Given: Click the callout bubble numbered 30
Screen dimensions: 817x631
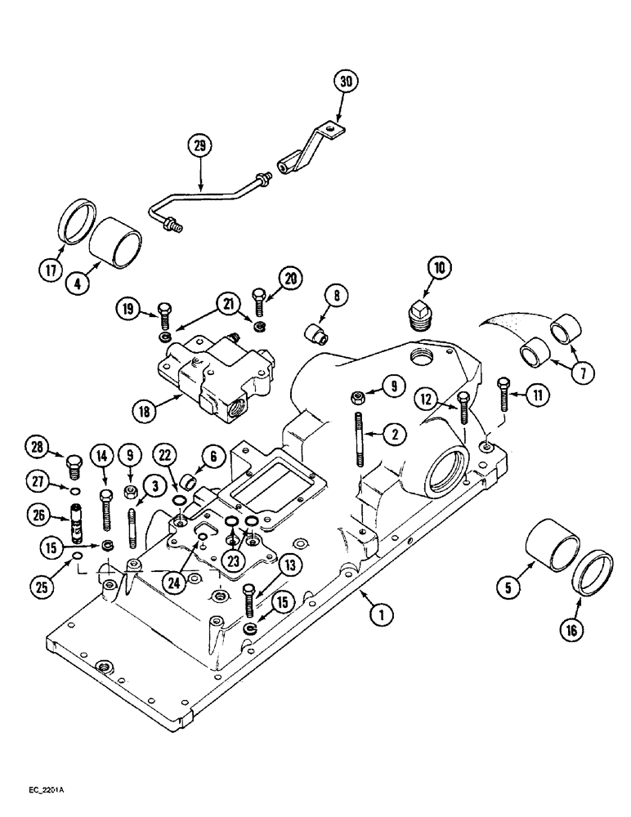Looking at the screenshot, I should tap(347, 83).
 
